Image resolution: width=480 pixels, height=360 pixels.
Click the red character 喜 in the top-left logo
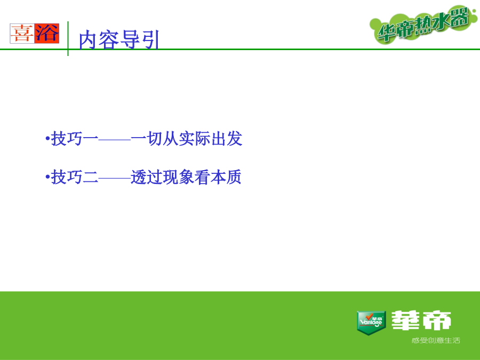tap(22, 34)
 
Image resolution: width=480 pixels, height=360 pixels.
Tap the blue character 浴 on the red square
tap(46, 34)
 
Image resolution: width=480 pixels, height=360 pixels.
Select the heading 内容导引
tap(119, 40)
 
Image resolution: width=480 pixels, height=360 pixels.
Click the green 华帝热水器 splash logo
tap(423, 24)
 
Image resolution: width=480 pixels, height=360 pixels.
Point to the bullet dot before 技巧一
tap(47, 139)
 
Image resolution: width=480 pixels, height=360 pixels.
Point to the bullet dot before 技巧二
tap(47, 177)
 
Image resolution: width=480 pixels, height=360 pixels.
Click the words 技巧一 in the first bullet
tap(74, 139)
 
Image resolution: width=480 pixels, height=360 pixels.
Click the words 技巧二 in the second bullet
tap(74, 177)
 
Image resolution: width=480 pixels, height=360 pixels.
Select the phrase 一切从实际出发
tap(187, 139)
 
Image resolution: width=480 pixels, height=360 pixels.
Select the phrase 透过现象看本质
tap(186, 177)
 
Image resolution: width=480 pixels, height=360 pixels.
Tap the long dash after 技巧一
tap(115, 139)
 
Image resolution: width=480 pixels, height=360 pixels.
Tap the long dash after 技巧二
tap(115, 178)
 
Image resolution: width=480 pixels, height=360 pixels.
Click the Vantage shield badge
tap(371, 323)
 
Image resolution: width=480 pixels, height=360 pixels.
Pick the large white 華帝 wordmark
tap(421, 320)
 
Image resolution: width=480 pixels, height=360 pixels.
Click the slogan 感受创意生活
tap(436, 340)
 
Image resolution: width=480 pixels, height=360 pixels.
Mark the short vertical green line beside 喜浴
tap(68, 38)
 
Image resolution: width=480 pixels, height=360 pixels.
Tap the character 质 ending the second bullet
tap(234, 177)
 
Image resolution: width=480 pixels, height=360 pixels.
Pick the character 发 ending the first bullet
tap(235, 139)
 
